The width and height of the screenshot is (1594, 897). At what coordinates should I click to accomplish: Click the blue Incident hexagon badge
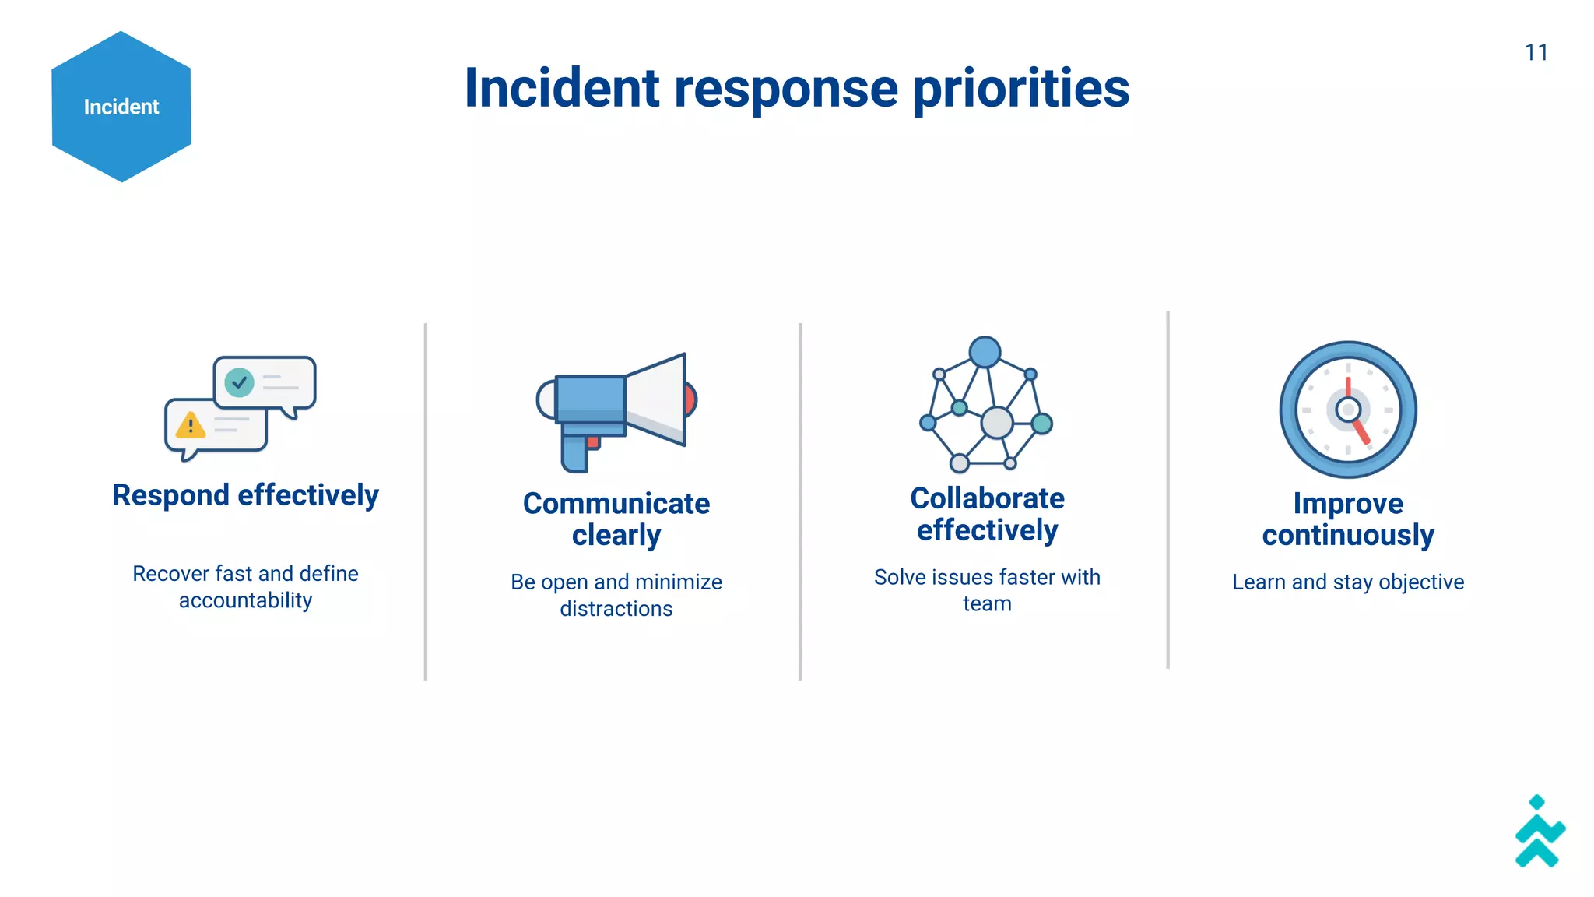click(121, 107)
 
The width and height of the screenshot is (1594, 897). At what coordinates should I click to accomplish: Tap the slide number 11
click(1536, 53)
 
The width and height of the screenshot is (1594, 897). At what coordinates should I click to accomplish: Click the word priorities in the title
click(1020, 89)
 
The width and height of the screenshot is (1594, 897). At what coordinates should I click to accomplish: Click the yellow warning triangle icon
click(190, 426)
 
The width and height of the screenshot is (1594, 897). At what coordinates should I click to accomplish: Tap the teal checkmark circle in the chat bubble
click(239, 382)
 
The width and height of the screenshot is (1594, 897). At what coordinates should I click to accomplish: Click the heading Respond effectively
click(245, 495)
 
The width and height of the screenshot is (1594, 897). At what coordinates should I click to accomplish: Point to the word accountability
click(245, 600)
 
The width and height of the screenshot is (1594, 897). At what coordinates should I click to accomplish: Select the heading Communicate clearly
click(616, 519)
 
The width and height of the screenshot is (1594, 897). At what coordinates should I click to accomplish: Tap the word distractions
click(616, 609)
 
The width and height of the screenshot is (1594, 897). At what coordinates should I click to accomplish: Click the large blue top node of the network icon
click(985, 352)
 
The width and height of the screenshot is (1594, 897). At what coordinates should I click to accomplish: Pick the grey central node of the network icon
click(996, 423)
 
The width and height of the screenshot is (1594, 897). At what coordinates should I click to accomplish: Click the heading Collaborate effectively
click(987, 514)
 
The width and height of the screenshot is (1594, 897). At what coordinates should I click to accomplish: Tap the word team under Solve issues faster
click(987, 604)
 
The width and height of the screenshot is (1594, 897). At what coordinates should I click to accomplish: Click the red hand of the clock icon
click(1361, 431)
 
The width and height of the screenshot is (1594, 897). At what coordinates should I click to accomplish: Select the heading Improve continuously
click(1348, 519)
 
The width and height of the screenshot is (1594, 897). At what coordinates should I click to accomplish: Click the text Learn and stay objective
click(1348, 582)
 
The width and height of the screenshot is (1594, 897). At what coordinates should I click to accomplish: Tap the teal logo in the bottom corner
click(1539, 833)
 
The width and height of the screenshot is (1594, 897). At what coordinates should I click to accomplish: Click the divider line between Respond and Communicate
click(426, 501)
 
